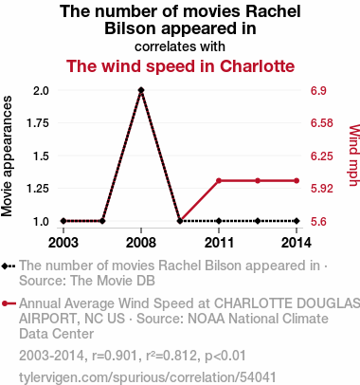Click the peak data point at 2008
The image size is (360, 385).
point(141,90)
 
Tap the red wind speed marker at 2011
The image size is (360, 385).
point(219,180)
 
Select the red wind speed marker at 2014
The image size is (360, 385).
point(297,180)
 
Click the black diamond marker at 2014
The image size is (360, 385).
point(297,221)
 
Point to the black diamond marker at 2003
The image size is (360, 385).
point(63,221)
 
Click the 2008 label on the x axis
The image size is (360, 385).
point(141,243)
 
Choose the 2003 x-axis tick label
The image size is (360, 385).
point(63,243)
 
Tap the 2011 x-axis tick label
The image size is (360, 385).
point(219,243)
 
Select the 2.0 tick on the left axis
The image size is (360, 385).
point(41,91)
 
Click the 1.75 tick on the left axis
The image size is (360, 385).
point(38,123)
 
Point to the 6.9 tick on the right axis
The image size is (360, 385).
point(318,91)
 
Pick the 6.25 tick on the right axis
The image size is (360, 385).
point(322,156)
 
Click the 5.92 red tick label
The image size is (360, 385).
point(322,189)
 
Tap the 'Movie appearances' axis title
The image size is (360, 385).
point(7,156)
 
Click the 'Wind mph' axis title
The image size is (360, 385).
point(354,156)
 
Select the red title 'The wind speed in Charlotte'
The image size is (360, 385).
point(180,66)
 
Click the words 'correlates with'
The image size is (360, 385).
point(180,46)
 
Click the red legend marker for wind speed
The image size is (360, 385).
point(9,303)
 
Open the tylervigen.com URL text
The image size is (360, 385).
point(148,377)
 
